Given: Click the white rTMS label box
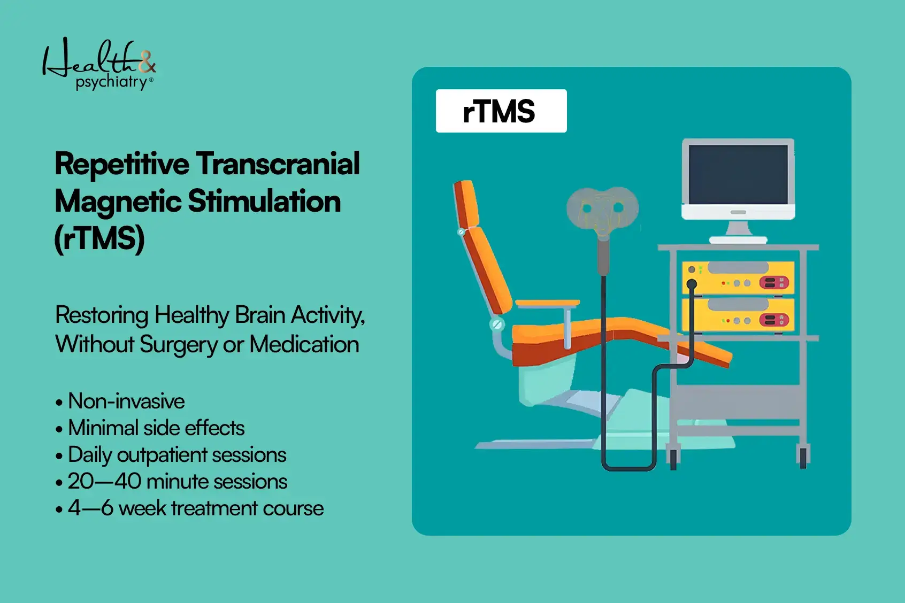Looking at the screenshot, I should pyautogui.click(x=501, y=111).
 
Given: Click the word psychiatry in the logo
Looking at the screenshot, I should pyautogui.click(x=111, y=82).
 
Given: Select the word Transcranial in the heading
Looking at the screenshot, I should pyautogui.click(x=278, y=164).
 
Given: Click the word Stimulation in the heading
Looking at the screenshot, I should pyautogui.click(x=264, y=202).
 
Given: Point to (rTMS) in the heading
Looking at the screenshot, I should pyautogui.click(x=99, y=238).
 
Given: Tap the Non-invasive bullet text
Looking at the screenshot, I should pyautogui.click(x=126, y=401).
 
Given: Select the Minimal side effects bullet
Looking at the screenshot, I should pyautogui.click(x=156, y=428).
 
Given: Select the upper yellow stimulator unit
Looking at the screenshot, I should pyautogui.click(x=738, y=277).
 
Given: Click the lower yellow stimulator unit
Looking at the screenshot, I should pyautogui.click(x=738, y=315).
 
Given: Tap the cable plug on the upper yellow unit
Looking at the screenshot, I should pyautogui.click(x=692, y=284).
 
